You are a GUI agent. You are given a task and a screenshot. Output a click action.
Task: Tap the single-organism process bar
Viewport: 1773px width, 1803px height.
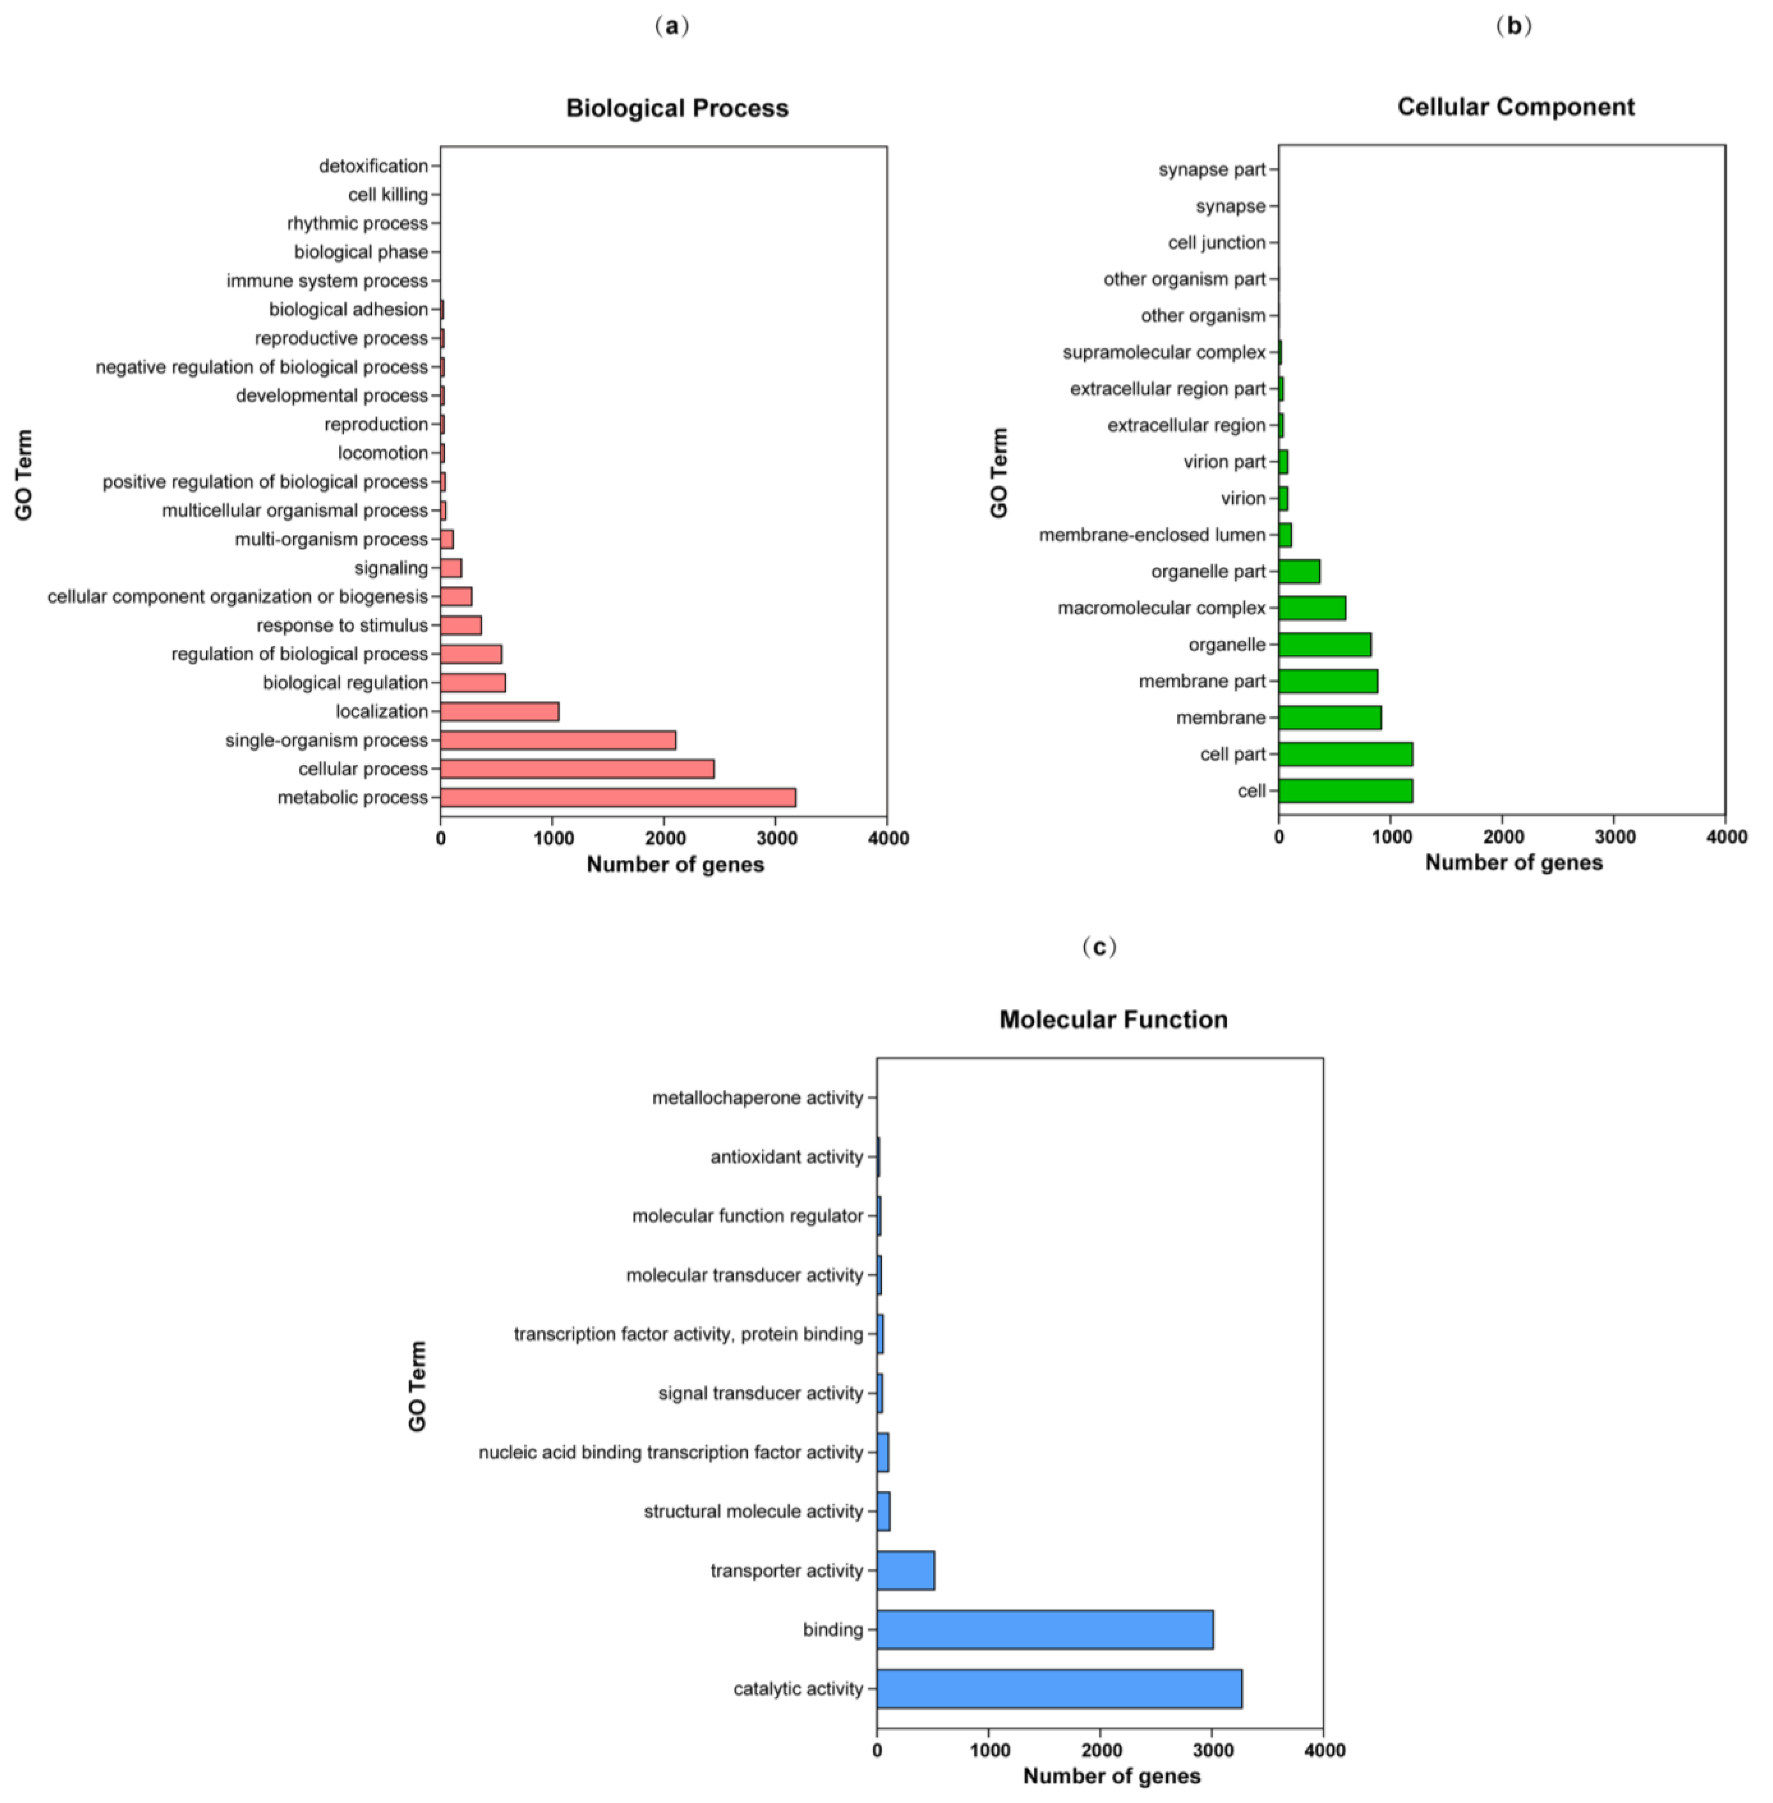tap(558, 741)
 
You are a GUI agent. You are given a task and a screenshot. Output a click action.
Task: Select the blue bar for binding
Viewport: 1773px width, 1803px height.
tap(1045, 1629)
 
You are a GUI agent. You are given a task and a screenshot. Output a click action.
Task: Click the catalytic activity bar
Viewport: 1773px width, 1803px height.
tap(1059, 1688)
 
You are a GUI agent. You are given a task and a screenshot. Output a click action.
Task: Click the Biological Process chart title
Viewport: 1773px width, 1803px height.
tap(677, 108)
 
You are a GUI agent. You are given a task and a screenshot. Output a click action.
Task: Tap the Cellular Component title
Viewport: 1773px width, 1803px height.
tap(1515, 107)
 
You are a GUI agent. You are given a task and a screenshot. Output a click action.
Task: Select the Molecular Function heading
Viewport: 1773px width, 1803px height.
tap(1113, 1020)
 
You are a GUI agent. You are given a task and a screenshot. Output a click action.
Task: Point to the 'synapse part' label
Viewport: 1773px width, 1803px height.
tap(1211, 169)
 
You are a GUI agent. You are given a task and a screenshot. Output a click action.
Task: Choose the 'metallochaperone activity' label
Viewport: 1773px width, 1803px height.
tap(757, 1098)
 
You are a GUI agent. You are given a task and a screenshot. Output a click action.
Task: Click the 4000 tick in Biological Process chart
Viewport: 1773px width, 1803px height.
tap(887, 838)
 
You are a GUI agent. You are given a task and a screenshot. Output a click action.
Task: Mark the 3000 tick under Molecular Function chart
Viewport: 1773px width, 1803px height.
tap(1211, 1750)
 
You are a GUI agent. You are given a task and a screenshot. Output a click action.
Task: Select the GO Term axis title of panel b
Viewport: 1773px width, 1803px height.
tap(999, 473)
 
